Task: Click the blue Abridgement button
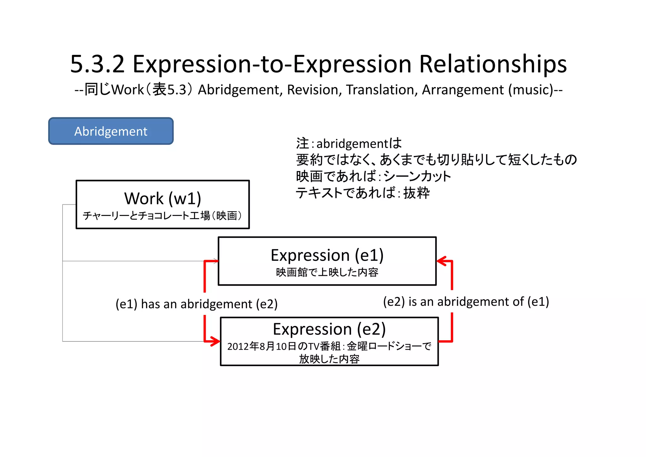pyautogui.click(x=111, y=131)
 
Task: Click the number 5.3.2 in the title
pyautogui.click(x=97, y=64)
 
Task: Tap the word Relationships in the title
pyautogui.click(x=493, y=64)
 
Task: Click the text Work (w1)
pyautogui.click(x=162, y=199)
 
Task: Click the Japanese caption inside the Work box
pyautogui.click(x=162, y=216)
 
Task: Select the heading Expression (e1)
pyautogui.click(x=327, y=255)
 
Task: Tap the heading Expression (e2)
pyautogui.click(x=329, y=329)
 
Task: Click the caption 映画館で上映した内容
pyautogui.click(x=327, y=272)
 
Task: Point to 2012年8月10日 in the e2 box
pyautogui.click(x=262, y=347)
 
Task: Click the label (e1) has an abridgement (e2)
pyautogui.click(x=197, y=304)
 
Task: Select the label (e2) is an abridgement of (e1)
pyautogui.click(x=466, y=302)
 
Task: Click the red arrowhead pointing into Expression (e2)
pyautogui.click(x=216, y=341)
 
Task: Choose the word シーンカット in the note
pyautogui.click(x=417, y=176)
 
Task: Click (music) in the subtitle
pyautogui.click(x=531, y=90)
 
